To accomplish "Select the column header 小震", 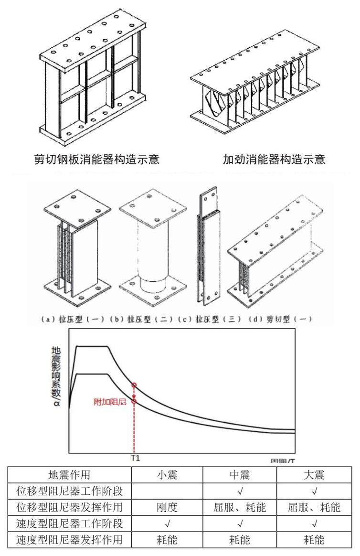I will click(167, 475).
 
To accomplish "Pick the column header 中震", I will click(240, 475).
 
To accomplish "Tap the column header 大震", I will click(314, 475).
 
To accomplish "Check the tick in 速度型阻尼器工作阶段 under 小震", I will click(167, 524).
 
